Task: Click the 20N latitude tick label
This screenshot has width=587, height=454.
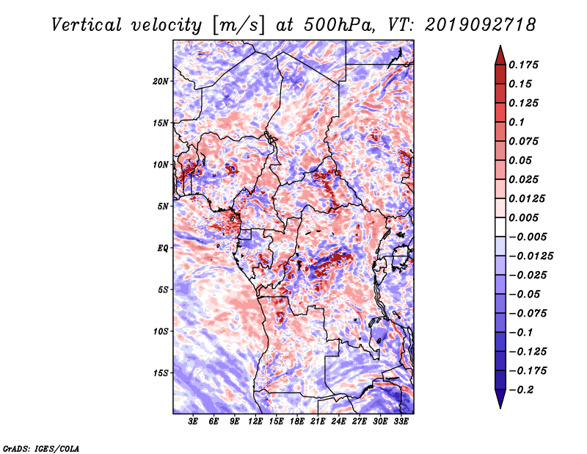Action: click(x=161, y=82)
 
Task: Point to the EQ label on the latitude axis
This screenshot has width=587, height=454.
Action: click(x=163, y=248)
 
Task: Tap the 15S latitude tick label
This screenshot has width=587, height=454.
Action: click(x=161, y=373)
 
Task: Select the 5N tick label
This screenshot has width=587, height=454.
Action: click(x=163, y=206)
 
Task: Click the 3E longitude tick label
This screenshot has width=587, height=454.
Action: click(x=193, y=422)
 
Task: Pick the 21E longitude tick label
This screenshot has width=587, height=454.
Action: click(x=318, y=422)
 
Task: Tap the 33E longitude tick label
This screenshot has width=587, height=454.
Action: click(x=401, y=422)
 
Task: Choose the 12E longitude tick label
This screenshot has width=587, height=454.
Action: click(x=255, y=422)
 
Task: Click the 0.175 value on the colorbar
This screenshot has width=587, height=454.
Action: click(x=523, y=65)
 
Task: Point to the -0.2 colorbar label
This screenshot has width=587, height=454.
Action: click(x=521, y=390)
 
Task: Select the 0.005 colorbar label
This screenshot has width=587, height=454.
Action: click(x=523, y=217)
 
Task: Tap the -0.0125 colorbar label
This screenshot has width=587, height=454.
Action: click(x=531, y=256)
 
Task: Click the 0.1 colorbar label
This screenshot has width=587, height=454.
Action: click(x=517, y=122)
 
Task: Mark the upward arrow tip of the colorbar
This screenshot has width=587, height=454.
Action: click(x=500, y=46)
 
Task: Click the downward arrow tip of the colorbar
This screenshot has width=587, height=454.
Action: click(x=500, y=408)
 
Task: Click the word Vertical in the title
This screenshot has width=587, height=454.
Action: click(x=87, y=25)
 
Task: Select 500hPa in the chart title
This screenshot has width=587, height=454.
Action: click(x=339, y=25)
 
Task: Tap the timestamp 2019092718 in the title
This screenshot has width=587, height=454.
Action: click(x=481, y=25)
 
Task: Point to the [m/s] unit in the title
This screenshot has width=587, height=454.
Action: click(x=238, y=26)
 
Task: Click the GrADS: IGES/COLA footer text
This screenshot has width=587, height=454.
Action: click(x=41, y=448)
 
